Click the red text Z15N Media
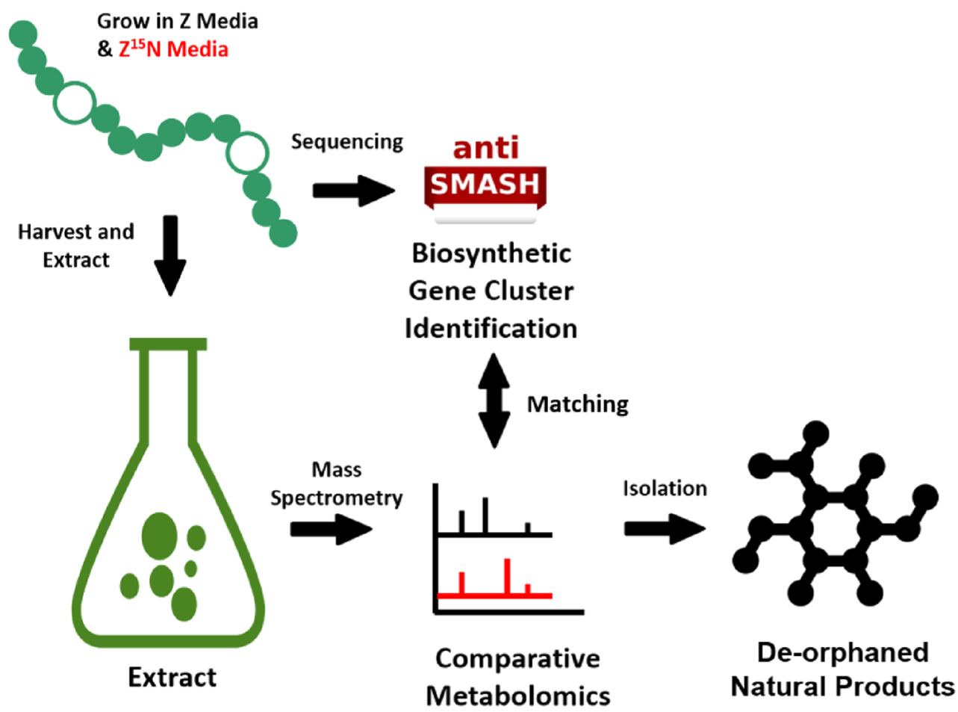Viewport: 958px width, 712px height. pyautogui.click(x=173, y=49)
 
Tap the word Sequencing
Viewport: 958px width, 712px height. pyautogui.click(x=346, y=141)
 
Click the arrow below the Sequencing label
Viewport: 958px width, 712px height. pyautogui.click(x=352, y=191)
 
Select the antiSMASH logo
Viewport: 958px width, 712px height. pyautogui.click(x=485, y=176)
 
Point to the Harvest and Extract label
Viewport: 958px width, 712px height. pyautogui.click(x=75, y=245)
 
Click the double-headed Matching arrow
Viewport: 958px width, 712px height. pyautogui.click(x=494, y=400)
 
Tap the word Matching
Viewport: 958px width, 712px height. pyautogui.click(x=577, y=404)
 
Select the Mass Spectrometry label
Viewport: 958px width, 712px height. pyautogui.click(x=336, y=483)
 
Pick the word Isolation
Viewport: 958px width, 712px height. pyautogui.click(x=665, y=488)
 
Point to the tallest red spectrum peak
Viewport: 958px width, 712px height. pyautogui.click(x=507, y=576)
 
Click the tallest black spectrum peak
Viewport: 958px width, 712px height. pyautogui.click(x=485, y=516)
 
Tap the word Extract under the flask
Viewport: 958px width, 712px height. pyautogui.click(x=172, y=677)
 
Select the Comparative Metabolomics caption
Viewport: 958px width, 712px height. pyautogui.click(x=517, y=677)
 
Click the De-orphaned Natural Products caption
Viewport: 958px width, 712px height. pyautogui.click(x=842, y=669)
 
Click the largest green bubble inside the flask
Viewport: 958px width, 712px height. pyautogui.click(x=160, y=536)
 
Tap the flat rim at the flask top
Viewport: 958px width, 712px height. pyautogui.click(x=168, y=344)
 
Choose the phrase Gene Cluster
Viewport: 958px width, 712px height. pyautogui.click(x=491, y=291)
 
